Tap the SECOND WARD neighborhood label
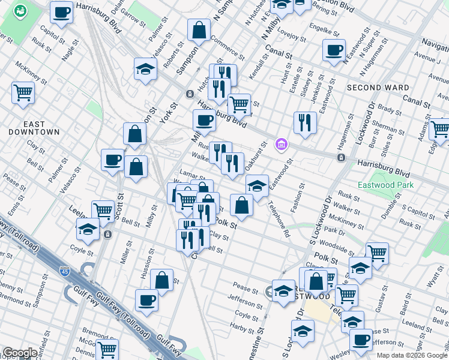378,88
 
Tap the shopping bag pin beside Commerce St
199,30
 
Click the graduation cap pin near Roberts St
145,69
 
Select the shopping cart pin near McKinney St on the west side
23,93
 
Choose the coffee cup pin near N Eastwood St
334,50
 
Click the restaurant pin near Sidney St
305,123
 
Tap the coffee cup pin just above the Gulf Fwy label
146,301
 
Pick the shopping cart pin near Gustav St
377,253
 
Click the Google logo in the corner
20,353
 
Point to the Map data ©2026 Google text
412,355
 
